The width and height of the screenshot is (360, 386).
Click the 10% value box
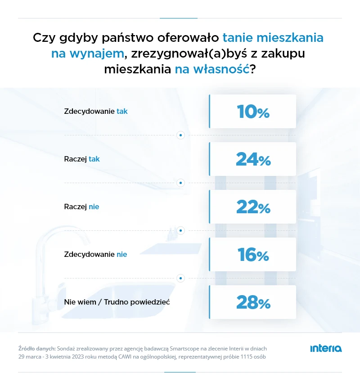point(252,112)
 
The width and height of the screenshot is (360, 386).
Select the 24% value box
point(252,159)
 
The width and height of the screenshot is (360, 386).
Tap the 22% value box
point(252,207)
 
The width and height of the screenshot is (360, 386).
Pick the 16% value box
point(252,255)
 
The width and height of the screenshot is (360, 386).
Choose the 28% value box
point(252,302)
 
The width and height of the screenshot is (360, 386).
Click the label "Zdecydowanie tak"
point(96,111)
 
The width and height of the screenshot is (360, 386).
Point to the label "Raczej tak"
point(82,159)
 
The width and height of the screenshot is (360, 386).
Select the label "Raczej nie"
point(81,206)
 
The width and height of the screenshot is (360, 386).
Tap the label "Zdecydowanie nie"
point(95,254)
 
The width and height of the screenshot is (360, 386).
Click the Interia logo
point(326,349)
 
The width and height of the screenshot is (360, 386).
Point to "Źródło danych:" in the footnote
point(37,348)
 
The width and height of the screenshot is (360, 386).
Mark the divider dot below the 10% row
point(180,135)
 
